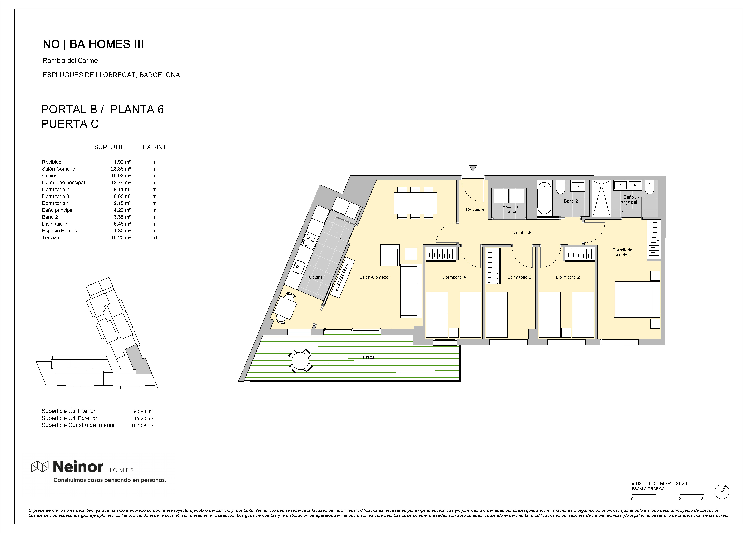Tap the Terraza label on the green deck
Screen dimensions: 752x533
[367, 357]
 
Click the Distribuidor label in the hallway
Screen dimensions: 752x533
[523, 232]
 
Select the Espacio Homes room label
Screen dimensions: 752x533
[510, 209]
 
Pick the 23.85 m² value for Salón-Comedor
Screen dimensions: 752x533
[121, 169]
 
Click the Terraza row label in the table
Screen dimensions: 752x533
[51, 238]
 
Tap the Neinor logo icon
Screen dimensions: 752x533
[40, 466]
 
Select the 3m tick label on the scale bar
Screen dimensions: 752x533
[703, 499]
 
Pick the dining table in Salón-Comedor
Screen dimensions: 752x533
[415, 203]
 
